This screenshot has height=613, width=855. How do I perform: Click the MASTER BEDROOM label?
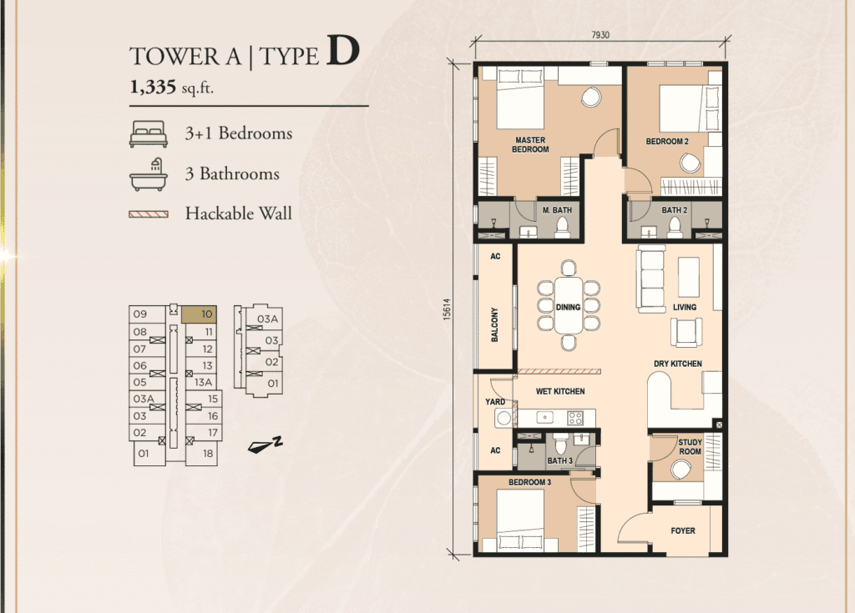pyautogui.click(x=530, y=144)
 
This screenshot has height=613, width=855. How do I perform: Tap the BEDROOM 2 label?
pyautogui.click(x=667, y=142)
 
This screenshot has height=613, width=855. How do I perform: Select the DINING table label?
pyautogui.click(x=568, y=307)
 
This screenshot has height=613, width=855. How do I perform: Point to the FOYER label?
pyautogui.click(x=683, y=530)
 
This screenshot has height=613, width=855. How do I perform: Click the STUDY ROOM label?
pyautogui.click(x=690, y=447)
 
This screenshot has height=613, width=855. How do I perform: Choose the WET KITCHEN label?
pyautogui.click(x=560, y=391)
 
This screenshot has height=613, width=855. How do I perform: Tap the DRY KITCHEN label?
pyautogui.click(x=678, y=364)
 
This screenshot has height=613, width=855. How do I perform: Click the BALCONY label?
pyautogui.click(x=495, y=324)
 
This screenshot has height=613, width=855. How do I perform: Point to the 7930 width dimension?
pyautogui.click(x=600, y=35)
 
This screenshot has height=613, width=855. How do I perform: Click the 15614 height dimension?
pyautogui.click(x=448, y=309)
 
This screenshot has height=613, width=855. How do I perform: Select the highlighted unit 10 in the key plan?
pyautogui.click(x=199, y=314)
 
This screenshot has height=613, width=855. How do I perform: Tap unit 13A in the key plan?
pyautogui.click(x=204, y=382)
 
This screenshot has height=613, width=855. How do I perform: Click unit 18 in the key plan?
pyautogui.click(x=208, y=454)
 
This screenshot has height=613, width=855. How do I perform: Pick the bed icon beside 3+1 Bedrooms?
pyautogui.click(x=149, y=134)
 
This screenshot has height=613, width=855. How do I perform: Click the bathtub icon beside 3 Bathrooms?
pyautogui.click(x=149, y=174)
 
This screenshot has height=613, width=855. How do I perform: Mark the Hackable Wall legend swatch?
pyautogui.click(x=149, y=214)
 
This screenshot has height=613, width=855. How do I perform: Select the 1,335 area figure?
pyautogui.click(x=153, y=87)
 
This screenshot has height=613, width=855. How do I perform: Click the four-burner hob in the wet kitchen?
pyautogui.click(x=575, y=418)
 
